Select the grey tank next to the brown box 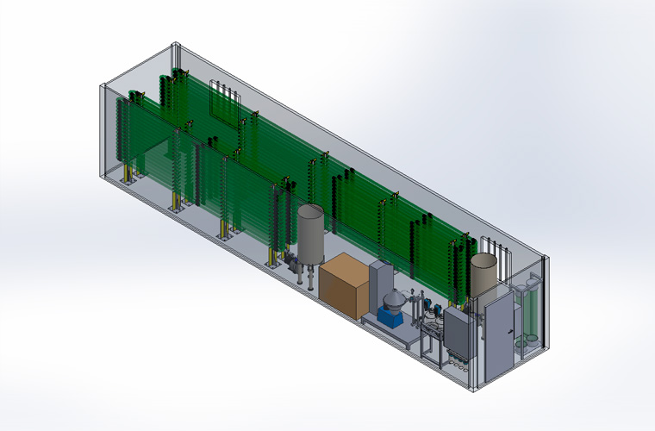click(x=311, y=234)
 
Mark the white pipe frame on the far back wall click(x=223, y=102)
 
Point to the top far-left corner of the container click(x=103, y=84)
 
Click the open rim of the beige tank click(x=484, y=258)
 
